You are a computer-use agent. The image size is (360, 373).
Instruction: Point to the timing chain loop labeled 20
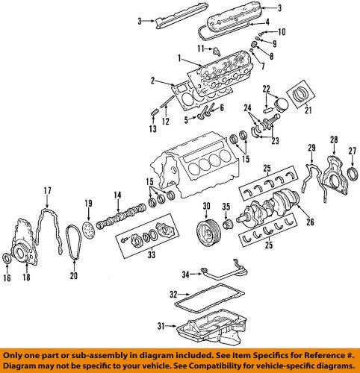[73, 242]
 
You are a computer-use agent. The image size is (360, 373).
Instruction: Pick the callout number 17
[47, 190]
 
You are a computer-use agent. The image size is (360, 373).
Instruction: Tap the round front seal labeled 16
[10, 259]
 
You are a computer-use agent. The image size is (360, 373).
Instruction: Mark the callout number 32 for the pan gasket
[173, 294]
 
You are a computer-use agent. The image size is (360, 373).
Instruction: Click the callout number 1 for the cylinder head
[179, 58]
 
